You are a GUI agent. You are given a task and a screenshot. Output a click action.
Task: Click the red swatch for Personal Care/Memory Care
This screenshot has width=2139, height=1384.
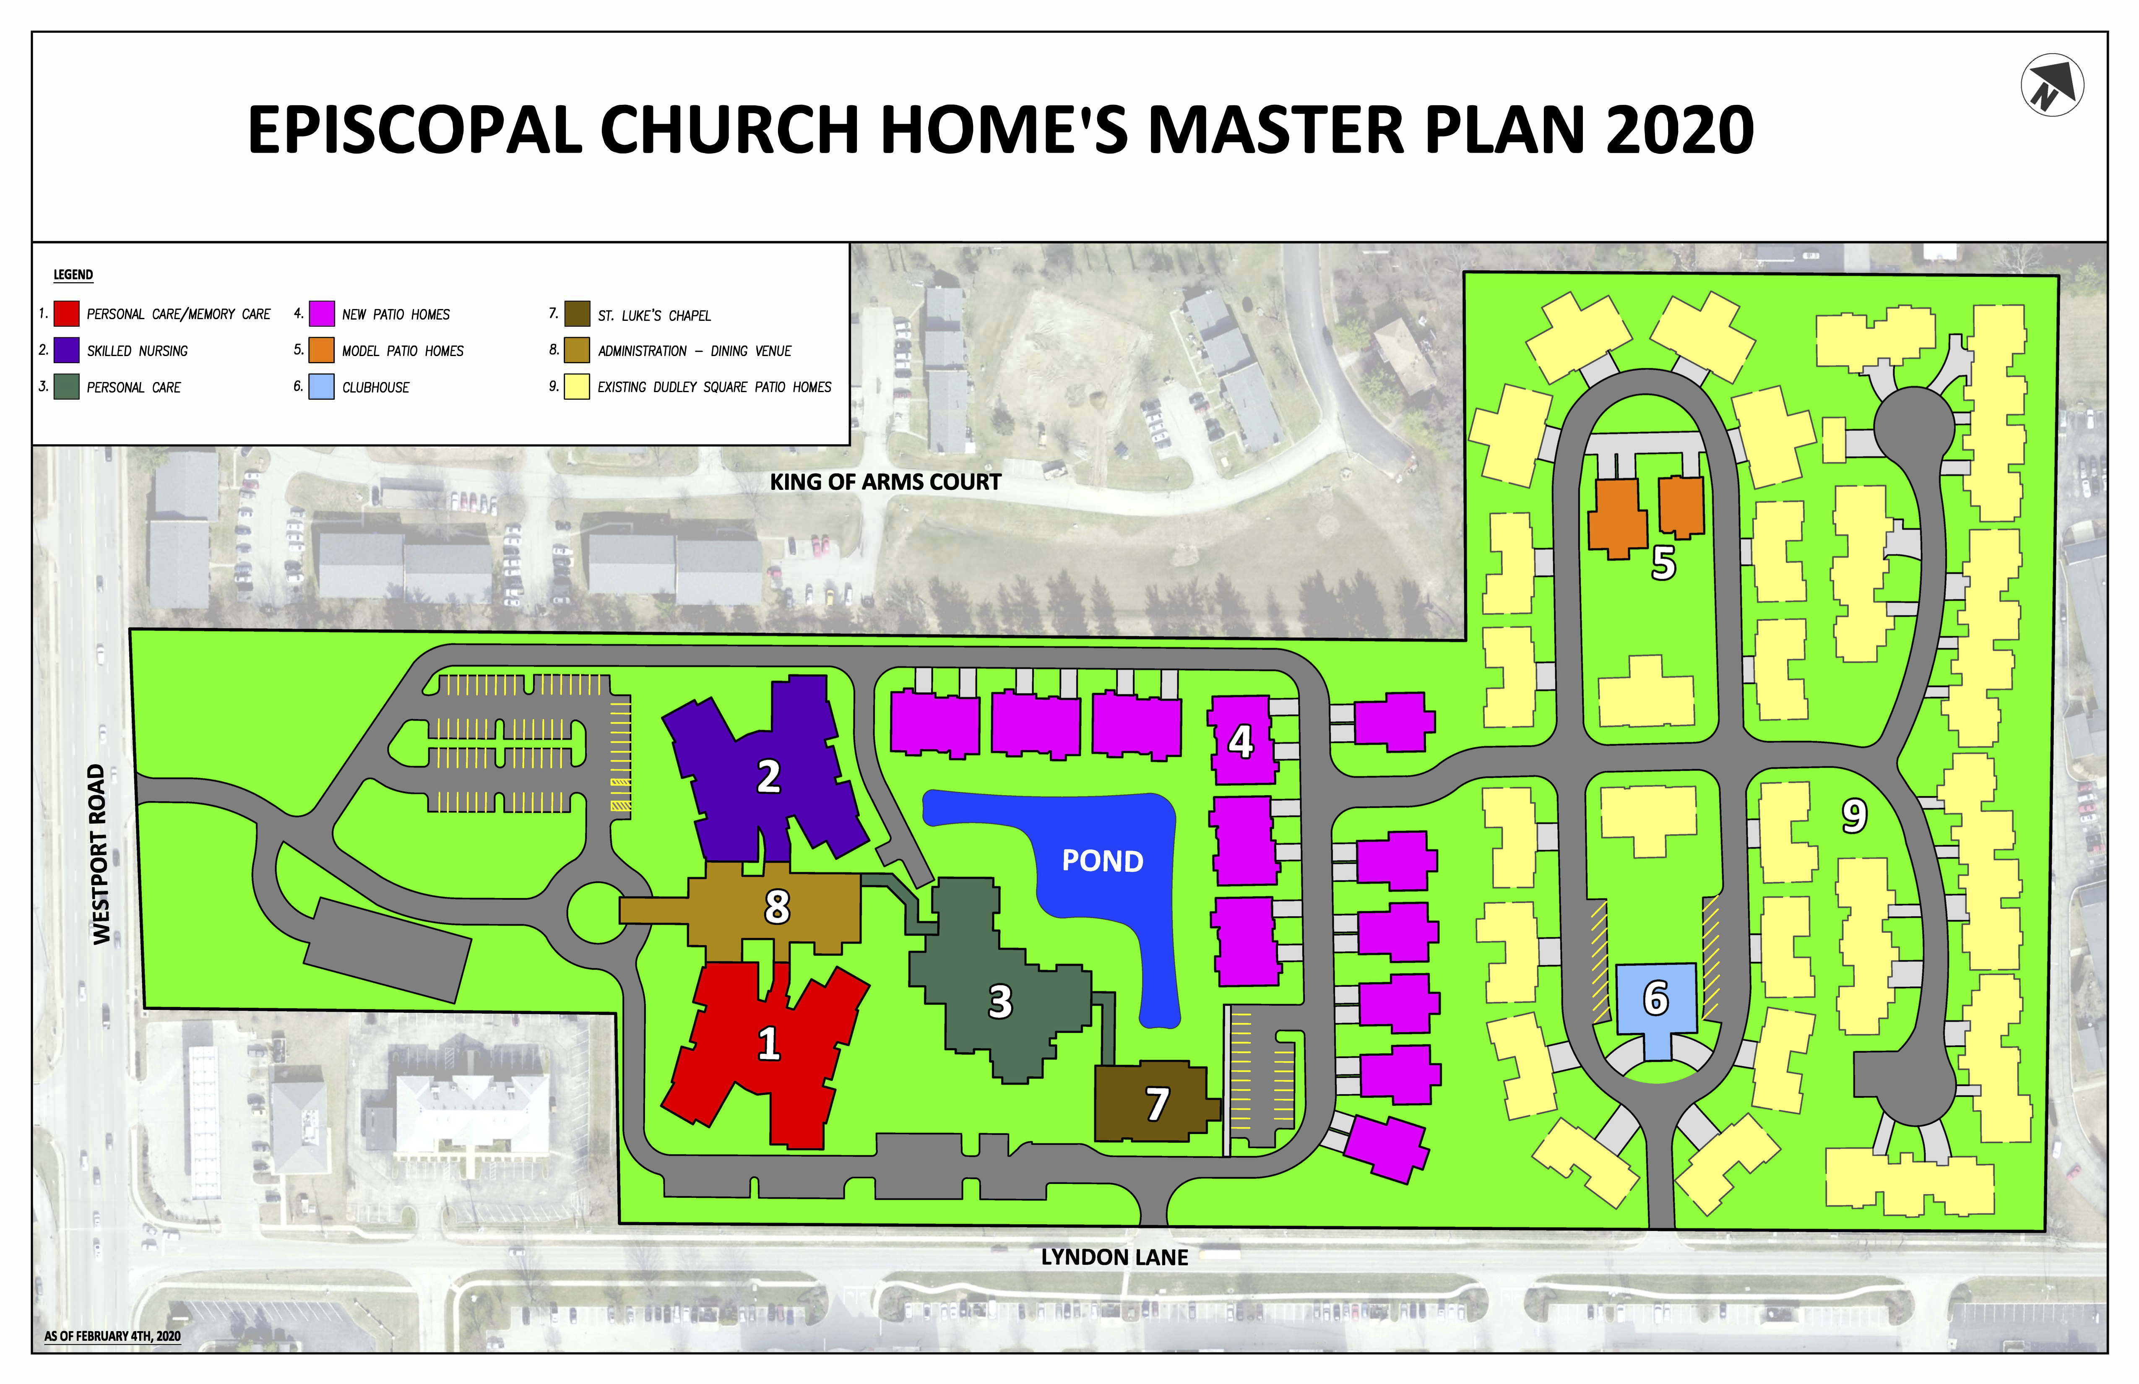pos(67,314)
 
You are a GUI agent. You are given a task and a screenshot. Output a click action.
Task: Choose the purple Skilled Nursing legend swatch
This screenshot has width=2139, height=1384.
pos(67,351)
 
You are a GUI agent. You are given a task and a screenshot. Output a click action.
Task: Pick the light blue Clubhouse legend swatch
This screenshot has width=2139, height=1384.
pos(322,388)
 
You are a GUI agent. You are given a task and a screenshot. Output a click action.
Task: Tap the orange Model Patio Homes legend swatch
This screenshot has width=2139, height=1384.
pos(322,351)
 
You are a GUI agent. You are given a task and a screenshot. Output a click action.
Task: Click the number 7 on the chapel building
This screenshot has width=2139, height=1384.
pos(1157,1105)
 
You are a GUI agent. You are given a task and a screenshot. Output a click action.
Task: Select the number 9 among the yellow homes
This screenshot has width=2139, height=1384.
pos(1853,816)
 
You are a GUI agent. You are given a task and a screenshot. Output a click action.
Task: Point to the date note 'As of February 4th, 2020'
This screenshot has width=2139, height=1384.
pos(112,1336)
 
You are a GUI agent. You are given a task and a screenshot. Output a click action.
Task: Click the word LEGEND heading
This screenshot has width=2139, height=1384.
pos(73,275)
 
